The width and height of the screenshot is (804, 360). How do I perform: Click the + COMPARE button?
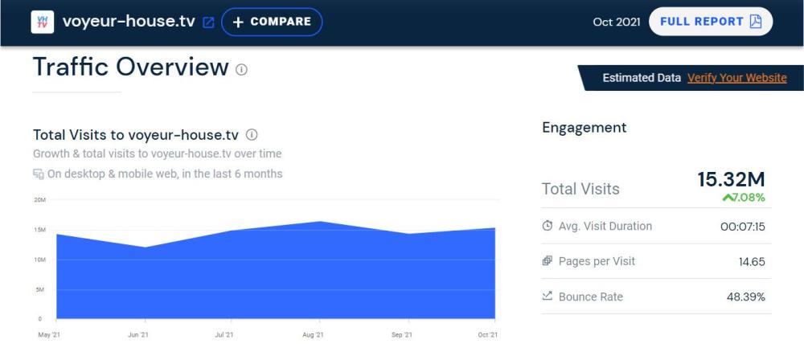tap(272, 22)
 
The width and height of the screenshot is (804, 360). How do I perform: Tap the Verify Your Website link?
tap(736, 78)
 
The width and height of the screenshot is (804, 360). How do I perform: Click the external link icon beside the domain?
tap(208, 22)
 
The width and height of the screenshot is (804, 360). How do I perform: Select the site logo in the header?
tap(43, 22)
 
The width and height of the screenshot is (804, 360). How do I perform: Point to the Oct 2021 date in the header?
tap(616, 22)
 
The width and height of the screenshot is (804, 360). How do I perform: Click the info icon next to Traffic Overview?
tap(241, 70)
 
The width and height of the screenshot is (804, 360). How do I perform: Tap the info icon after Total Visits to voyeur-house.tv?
tap(252, 134)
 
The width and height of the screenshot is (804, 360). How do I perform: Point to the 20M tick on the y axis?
tap(39, 200)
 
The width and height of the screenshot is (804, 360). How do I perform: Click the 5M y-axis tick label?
tap(39, 289)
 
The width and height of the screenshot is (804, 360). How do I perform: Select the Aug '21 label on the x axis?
tap(313, 334)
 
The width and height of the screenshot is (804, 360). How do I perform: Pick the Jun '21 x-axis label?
tap(138, 334)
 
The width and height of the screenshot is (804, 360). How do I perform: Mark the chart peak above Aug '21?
tap(320, 222)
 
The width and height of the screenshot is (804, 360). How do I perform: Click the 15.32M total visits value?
tap(731, 180)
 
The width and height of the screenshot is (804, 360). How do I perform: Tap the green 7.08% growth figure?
tap(744, 198)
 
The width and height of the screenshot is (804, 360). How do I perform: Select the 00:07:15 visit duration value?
tap(742, 227)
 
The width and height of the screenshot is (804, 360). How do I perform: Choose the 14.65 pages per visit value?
tap(752, 262)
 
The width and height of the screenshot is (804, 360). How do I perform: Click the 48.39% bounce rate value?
tap(745, 297)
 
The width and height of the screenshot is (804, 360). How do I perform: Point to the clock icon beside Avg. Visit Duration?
tap(548, 226)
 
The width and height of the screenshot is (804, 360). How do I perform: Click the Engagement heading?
tap(584, 127)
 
